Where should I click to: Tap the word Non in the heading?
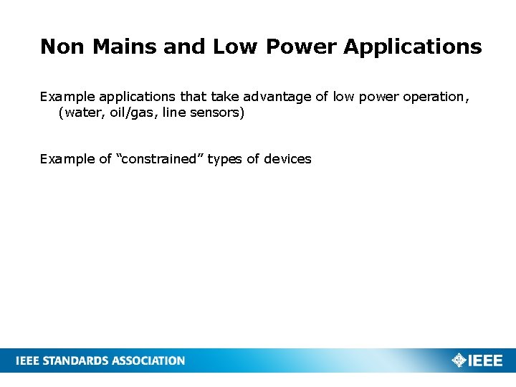62,47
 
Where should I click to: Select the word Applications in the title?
413,47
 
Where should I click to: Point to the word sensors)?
219,113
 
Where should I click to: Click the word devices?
287,159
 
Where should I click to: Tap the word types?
225,159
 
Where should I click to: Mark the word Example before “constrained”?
67,159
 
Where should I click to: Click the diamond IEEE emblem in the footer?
459,360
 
